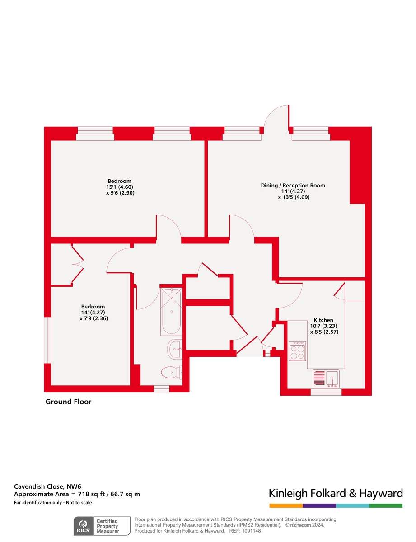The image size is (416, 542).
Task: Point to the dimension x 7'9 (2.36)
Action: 93,318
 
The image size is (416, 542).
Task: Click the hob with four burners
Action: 297,351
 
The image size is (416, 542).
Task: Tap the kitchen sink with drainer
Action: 326,378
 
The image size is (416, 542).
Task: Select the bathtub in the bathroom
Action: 171,311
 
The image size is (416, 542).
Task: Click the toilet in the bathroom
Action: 170,372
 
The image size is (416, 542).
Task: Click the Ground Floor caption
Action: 68,402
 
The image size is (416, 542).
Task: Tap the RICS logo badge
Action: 84,526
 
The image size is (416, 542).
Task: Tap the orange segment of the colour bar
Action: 285,505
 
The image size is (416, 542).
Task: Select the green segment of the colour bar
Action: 386,505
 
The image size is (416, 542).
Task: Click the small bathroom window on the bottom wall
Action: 162,388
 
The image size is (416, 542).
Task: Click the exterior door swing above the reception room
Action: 276,118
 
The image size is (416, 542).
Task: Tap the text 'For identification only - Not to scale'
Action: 53,503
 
